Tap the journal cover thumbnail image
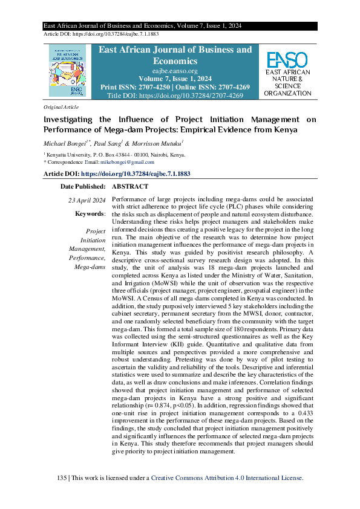coord(68,71)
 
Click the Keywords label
coord(90,214)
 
